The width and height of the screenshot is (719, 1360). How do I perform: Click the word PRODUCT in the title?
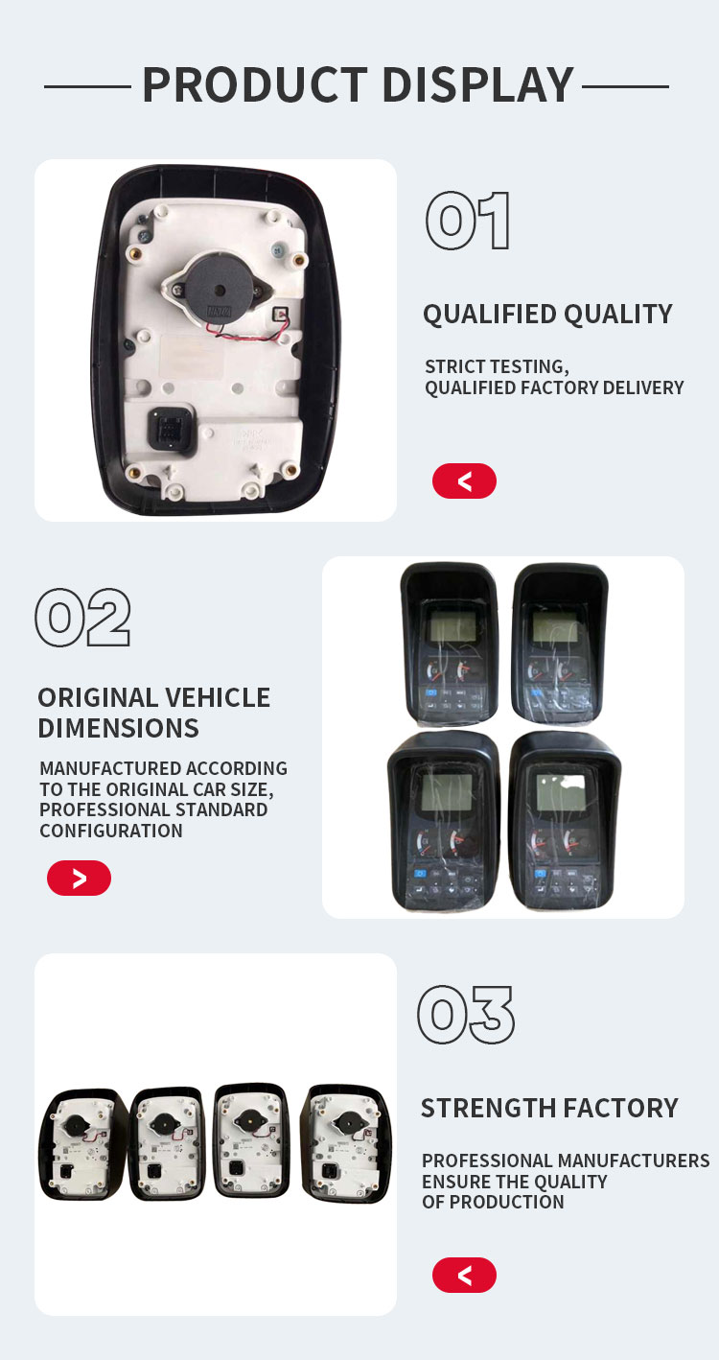pyautogui.click(x=255, y=84)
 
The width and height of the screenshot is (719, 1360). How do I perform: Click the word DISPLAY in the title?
pyautogui.click(x=478, y=84)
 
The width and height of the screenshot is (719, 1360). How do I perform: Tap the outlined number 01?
pyautogui.click(x=468, y=221)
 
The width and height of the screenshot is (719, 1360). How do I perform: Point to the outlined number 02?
pyautogui.click(x=82, y=618)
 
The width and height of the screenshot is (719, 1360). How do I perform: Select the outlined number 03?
pyautogui.click(x=466, y=1015)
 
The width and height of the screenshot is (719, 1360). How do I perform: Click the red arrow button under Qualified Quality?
pyautogui.click(x=464, y=481)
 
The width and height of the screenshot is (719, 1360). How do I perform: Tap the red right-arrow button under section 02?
pyautogui.click(x=79, y=878)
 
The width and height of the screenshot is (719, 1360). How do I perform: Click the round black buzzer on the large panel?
pyautogui.click(x=218, y=290)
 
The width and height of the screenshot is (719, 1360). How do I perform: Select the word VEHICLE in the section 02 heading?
pyautogui.click(x=218, y=697)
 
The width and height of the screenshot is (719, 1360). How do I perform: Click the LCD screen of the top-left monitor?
pyautogui.click(x=453, y=624)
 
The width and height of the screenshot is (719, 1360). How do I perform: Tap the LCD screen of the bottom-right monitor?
pyautogui.click(x=561, y=791)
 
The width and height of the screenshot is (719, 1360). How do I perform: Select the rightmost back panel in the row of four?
pyautogui.click(x=347, y=1142)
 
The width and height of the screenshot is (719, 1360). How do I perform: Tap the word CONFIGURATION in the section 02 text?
pyautogui.click(x=111, y=831)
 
